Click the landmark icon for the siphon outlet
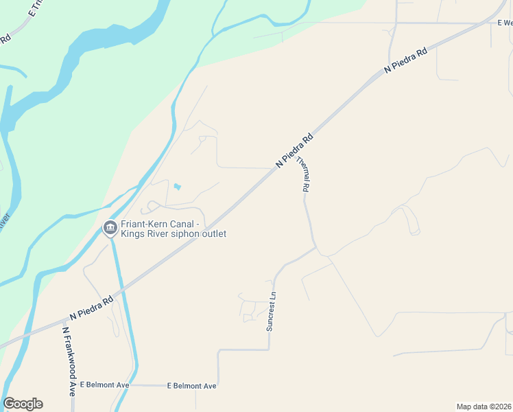pos(110,228)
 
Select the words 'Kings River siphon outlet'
pos(174,233)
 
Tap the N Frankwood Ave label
pos(69,361)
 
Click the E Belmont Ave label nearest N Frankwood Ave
pos(104,385)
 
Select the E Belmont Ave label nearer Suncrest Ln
pos(192,386)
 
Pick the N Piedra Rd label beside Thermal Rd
pos(294,150)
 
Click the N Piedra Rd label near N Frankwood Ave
pos(91,308)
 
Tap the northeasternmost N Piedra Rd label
pos(406,60)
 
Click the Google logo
pos(23,404)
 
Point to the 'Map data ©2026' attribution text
pos(484,406)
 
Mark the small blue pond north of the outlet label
pos(178,186)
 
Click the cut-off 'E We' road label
pos(505,23)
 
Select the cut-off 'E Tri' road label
pos(38,8)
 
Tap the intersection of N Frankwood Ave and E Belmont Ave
pos(74,385)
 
